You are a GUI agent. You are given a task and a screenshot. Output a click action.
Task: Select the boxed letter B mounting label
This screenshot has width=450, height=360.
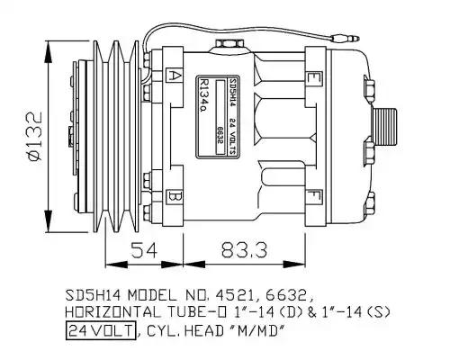point(174,197)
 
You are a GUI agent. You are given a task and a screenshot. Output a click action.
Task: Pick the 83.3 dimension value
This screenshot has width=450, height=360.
point(244,250)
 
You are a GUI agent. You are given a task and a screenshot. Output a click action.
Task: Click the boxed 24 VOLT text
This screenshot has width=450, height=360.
point(101,331)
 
